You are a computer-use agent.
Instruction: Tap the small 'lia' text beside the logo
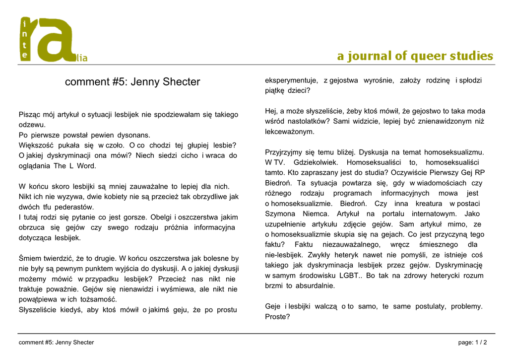tap(81, 59)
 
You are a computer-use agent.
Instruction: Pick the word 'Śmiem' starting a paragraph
tap(29, 258)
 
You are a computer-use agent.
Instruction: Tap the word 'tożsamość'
tap(98, 299)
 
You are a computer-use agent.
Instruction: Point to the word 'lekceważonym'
tap(289, 132)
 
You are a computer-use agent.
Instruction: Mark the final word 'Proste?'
tap(277, 317)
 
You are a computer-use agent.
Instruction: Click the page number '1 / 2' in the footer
tap(481, 343)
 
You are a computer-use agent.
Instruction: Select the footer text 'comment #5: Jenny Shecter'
tap(56, 343)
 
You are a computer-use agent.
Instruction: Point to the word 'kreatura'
tap(429, 204)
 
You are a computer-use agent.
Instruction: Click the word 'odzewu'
tap(32, 125)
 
